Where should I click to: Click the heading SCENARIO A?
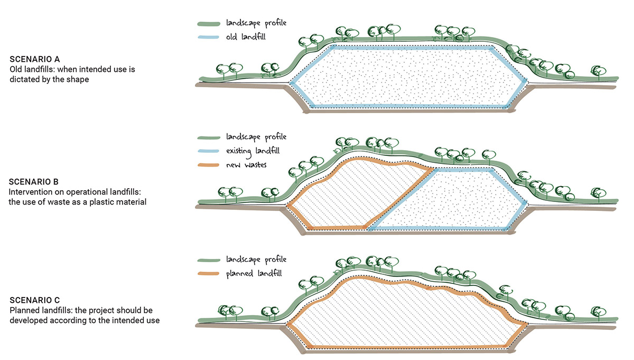pos(32,59)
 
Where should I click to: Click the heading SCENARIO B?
pos(32,182)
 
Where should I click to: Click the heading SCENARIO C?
pos(32,300)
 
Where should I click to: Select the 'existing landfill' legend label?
pos(252,151)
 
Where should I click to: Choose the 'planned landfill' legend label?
pos(253,274)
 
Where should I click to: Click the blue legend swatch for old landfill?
pos(209,38)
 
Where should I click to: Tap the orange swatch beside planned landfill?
pos(209,274)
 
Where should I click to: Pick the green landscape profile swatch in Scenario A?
pos(209,24)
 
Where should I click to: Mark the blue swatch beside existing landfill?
pos(209,152)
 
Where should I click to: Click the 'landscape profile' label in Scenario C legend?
pos(256,260)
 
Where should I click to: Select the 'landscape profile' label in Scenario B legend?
pos(256,137)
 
